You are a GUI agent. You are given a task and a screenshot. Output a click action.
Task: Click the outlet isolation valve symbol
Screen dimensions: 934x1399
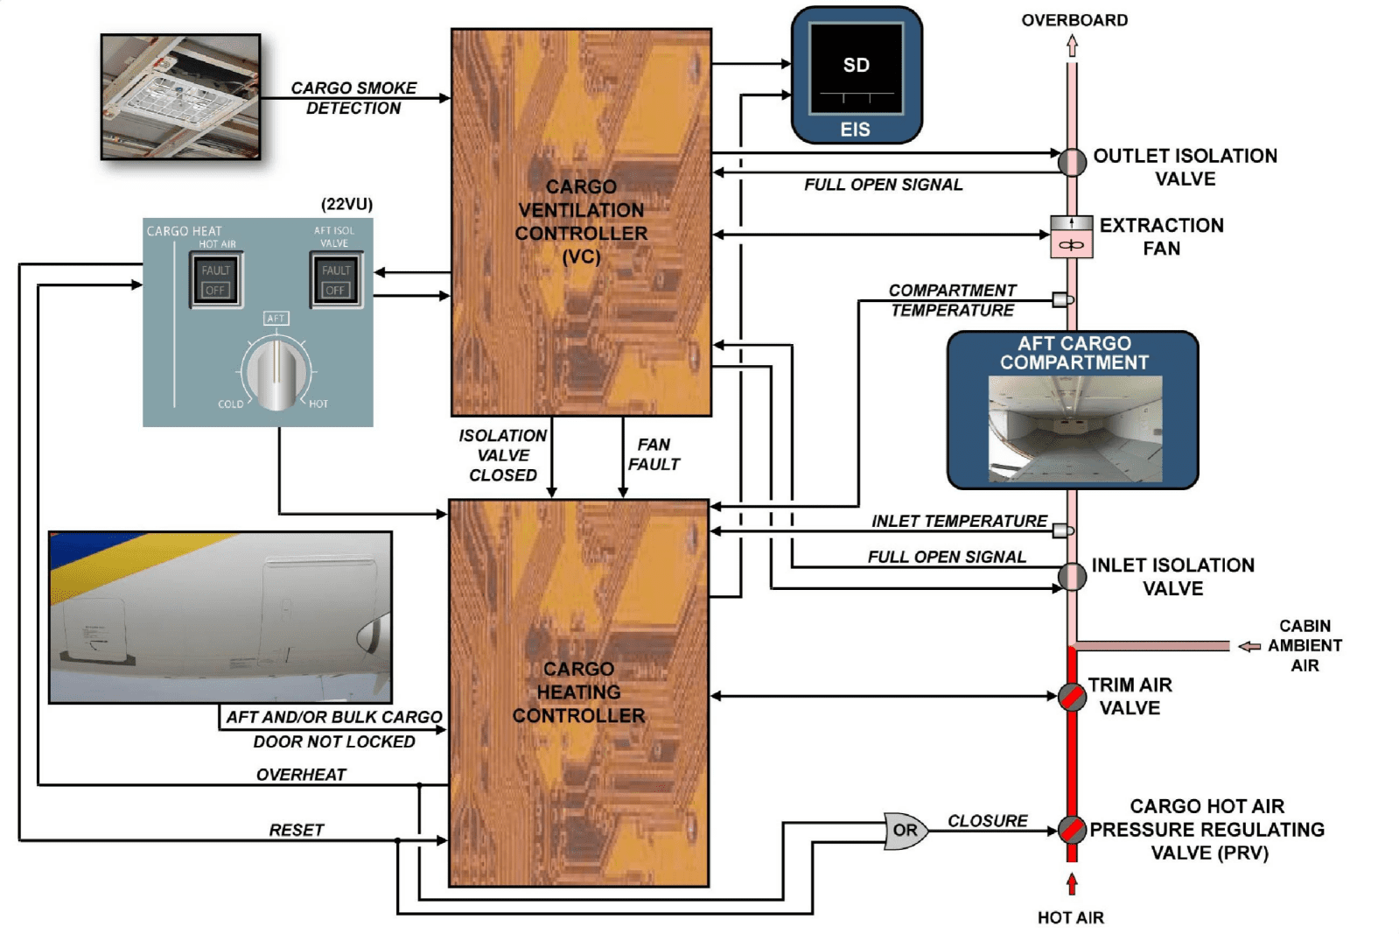coord(1072,162)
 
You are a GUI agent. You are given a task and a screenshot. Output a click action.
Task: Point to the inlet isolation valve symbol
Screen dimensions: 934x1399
coord(1072,577)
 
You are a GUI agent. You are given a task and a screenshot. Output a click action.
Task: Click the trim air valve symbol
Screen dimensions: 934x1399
coord(1072,697)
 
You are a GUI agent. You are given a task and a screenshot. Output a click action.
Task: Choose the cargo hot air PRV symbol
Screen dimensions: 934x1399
coord(1072,829)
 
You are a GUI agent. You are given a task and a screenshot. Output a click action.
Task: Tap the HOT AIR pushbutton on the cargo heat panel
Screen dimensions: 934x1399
coord(215,280)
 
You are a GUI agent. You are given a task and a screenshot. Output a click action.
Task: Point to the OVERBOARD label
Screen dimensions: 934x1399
coord(1074,20)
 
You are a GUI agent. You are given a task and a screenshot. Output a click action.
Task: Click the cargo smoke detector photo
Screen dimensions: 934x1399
coord(180,97)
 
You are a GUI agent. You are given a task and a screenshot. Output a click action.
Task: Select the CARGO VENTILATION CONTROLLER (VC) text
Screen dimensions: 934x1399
coord(581,221)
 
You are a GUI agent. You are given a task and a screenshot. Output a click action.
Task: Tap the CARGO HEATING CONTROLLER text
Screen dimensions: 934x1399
coord(578,692)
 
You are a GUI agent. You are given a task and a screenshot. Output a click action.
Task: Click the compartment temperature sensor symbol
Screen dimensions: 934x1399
coord(1062,300)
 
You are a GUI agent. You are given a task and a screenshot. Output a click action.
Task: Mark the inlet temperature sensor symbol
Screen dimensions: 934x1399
coord(1062,530)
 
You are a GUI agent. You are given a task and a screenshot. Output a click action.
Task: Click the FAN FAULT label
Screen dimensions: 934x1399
coord(654,454)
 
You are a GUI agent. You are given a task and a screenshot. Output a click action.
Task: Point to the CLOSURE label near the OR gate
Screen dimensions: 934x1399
coord(988,820)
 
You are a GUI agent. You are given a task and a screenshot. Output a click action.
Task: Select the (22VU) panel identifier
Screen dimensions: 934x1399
coord(346,204)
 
